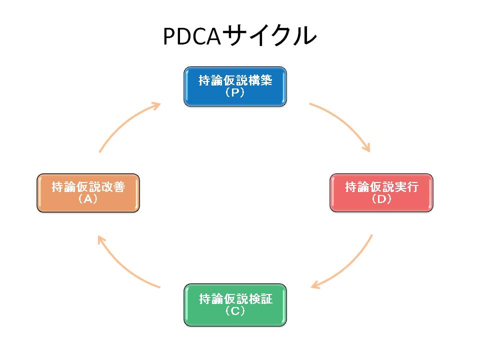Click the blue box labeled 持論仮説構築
pos(235,86)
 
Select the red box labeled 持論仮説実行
pos(381,193)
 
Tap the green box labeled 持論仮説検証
pos(235,305)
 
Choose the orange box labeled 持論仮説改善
pos(88,193)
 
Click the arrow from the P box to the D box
pos(345,122)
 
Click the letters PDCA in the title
pos(192,36)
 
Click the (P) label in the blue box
pos(235,92)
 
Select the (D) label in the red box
pos(381,199)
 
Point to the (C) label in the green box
pos(235,311)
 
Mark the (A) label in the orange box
pos(88,199)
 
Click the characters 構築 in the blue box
pos(260,80)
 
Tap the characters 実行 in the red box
pos(406,186)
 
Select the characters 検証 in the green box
pos(260,299)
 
